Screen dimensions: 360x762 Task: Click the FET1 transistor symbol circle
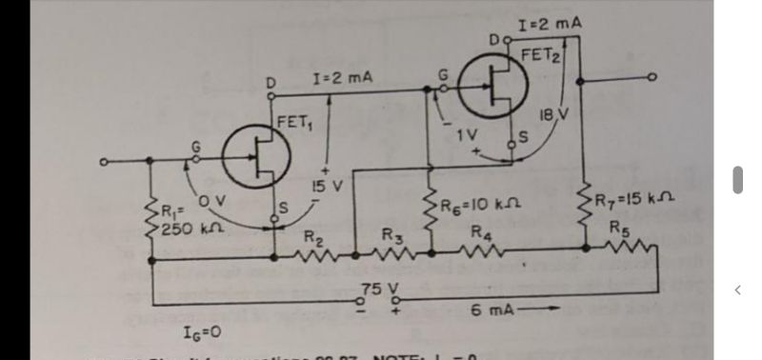point(256,156)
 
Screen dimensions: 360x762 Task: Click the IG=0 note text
point(202,332)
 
